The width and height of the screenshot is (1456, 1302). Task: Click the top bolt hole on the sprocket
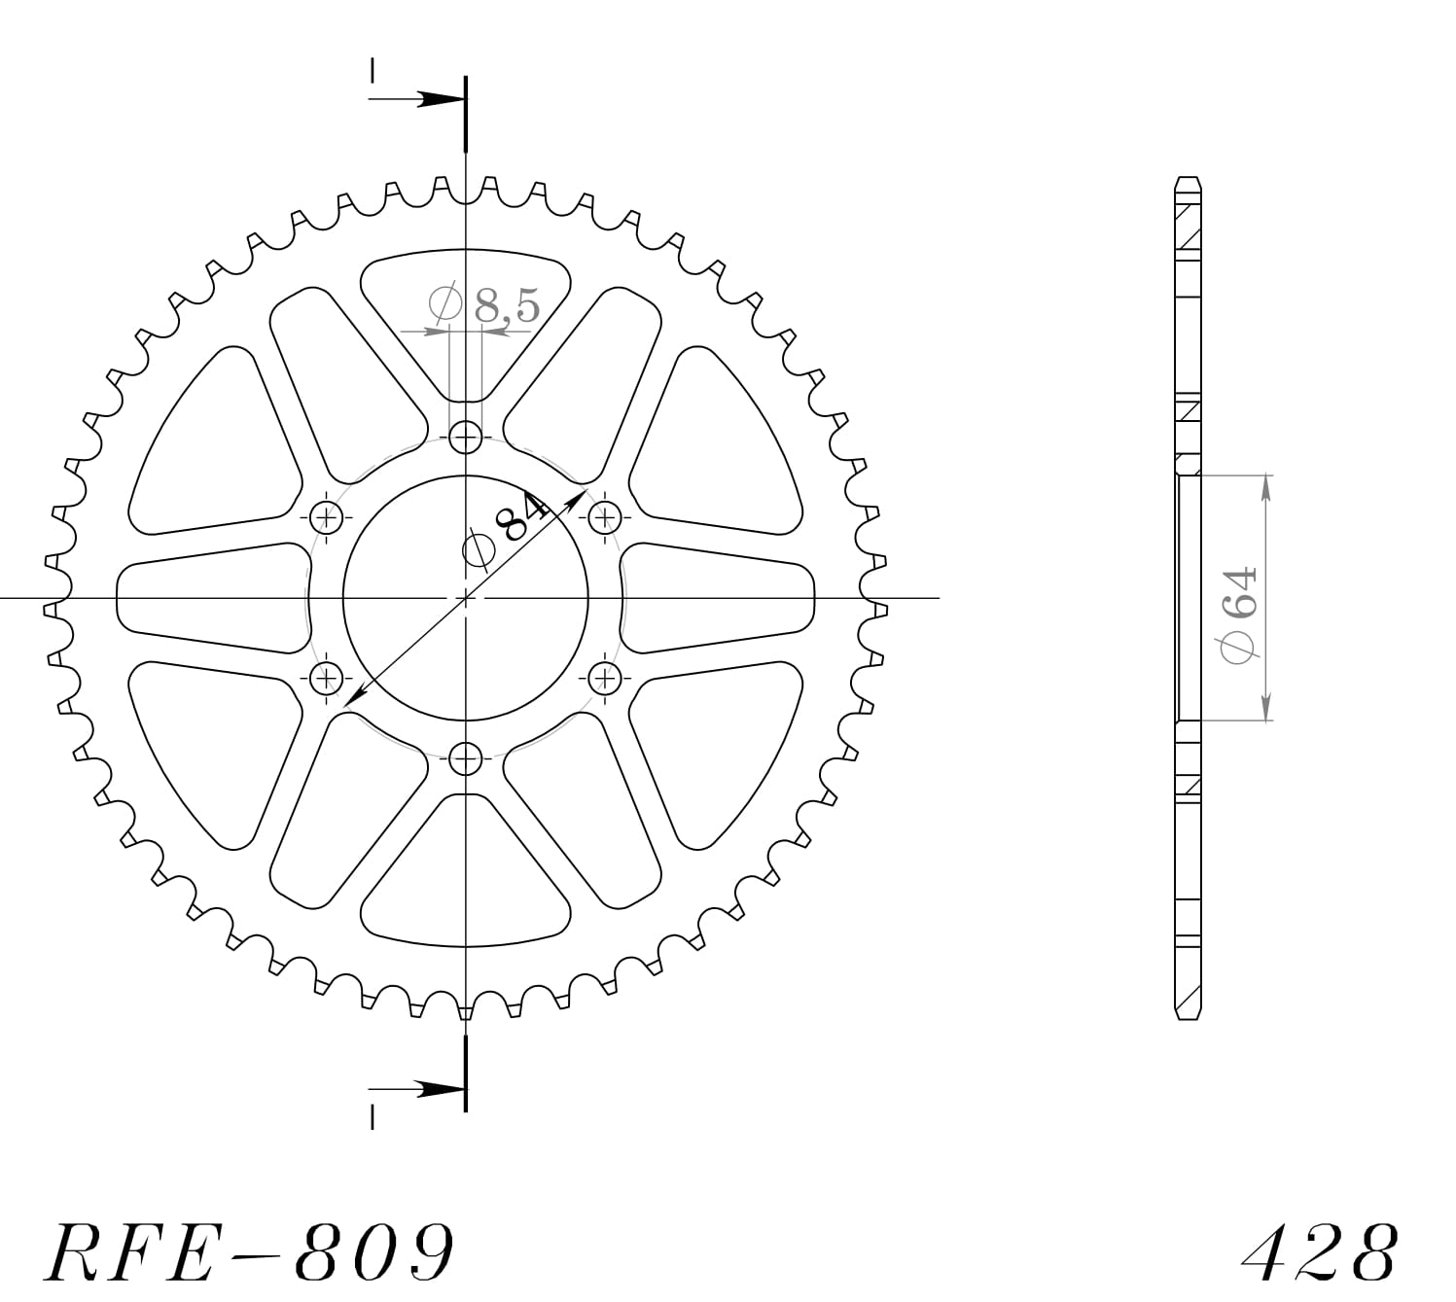point(467,437)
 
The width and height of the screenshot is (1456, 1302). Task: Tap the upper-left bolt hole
point(328,516)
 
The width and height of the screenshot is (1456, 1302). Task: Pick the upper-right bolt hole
point(606,516)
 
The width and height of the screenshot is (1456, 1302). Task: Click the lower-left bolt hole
point(328,677)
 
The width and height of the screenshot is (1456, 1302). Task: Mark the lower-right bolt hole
point(606,677)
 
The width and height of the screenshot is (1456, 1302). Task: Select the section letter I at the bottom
point(373,1119)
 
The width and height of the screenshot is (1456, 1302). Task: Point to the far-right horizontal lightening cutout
point(718,597)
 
